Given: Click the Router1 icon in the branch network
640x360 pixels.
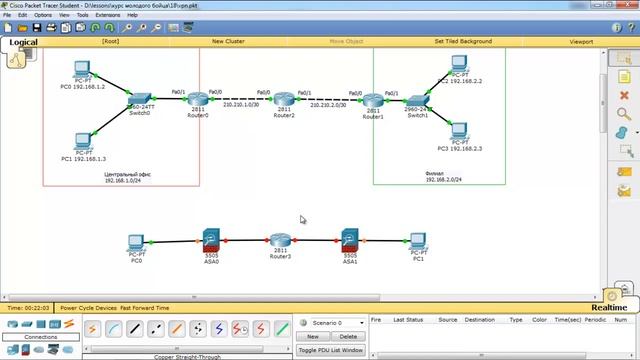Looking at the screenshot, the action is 373,101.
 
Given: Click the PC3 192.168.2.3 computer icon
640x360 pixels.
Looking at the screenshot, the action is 459,130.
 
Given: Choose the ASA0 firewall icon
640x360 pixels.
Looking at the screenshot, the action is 211,240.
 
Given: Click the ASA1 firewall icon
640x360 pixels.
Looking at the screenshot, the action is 350,240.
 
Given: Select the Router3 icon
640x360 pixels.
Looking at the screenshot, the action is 280,241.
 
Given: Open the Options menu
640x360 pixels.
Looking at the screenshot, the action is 43,15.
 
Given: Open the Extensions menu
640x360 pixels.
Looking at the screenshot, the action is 107,15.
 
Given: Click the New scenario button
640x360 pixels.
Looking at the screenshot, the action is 312,337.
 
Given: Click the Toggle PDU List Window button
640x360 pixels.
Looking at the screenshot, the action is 331,350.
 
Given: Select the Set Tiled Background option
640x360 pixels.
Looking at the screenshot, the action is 462,42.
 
